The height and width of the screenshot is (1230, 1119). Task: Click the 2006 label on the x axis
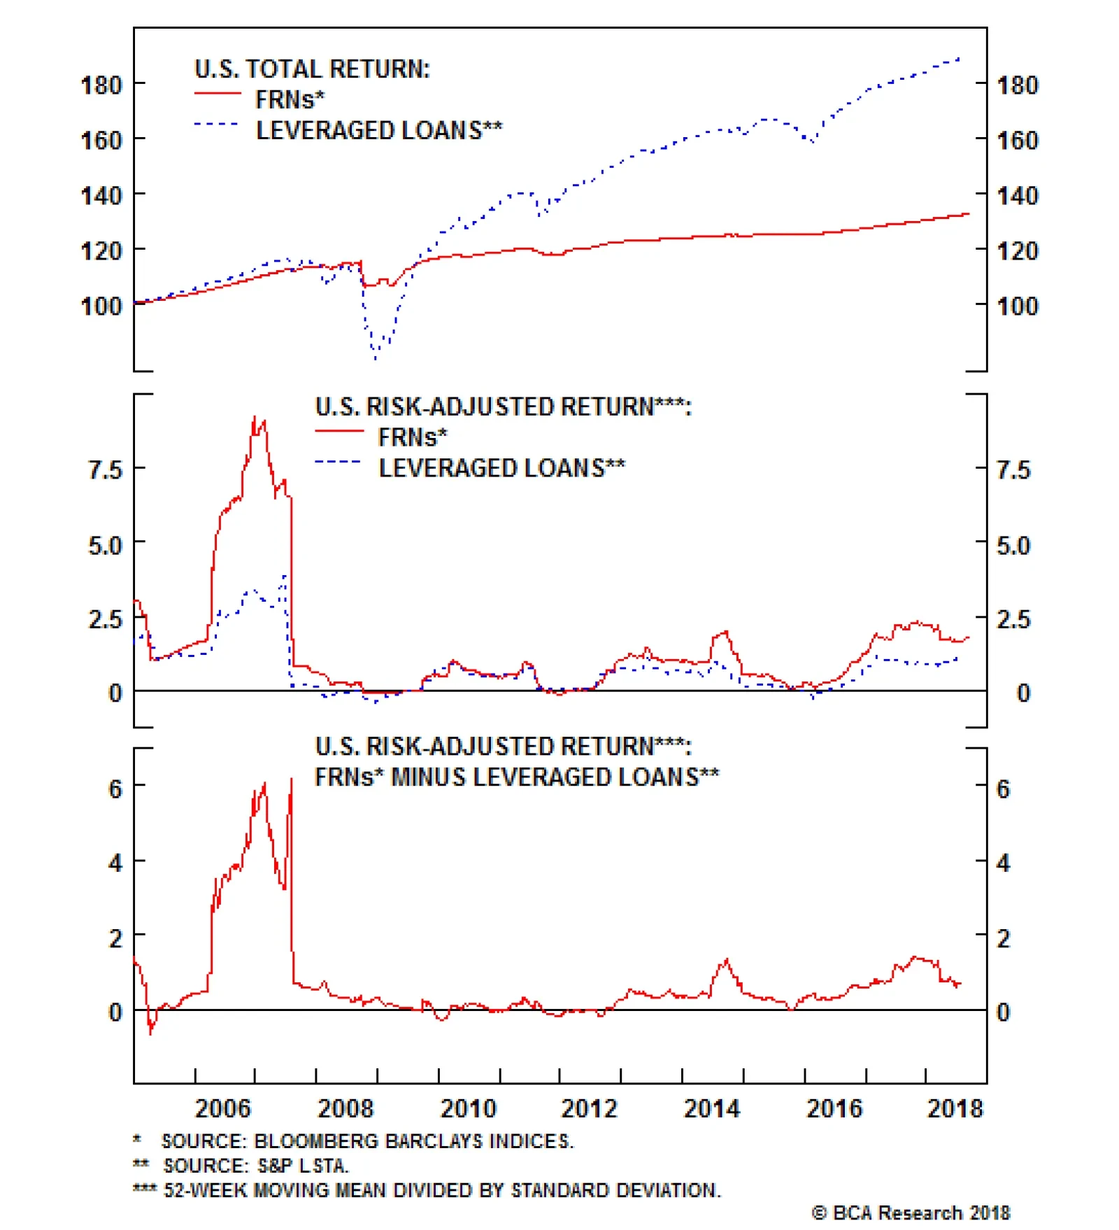(222, 1109)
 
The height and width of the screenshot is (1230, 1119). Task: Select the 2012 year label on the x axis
(589, 1109)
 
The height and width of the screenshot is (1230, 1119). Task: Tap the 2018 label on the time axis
(955, 1109)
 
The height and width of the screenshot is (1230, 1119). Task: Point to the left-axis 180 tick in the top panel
(101, 85)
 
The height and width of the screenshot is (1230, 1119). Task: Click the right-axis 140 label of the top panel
(1018, 195)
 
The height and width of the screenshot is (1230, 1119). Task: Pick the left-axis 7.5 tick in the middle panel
(105, 469)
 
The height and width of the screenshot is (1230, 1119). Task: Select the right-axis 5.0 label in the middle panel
(1013, 545)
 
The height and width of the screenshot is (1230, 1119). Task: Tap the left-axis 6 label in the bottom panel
(115, 789)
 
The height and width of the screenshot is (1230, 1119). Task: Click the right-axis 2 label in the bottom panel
(1003, 938)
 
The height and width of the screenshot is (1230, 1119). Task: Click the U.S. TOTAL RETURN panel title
(312, 69)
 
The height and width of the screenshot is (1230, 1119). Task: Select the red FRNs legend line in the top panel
(218, 93)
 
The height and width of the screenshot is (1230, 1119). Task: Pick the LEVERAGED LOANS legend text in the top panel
(379, 131)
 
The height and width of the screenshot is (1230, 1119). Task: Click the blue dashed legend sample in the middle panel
(338, 462)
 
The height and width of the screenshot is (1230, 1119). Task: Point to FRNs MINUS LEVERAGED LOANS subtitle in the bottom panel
(516, 777)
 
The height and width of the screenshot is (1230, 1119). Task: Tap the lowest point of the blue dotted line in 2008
(376, 358)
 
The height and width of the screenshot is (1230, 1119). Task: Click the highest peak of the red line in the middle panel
(255, 417)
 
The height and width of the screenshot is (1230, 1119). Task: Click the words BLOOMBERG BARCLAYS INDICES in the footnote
(413, 1141)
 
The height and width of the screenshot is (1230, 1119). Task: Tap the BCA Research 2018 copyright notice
(911, 1213)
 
